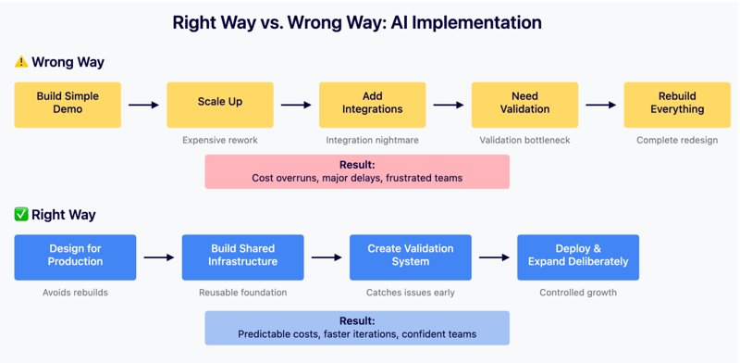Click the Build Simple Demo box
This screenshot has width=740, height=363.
click(68, 104)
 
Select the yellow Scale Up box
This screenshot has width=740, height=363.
click(220, 104)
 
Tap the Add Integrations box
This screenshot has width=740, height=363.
click(373, 104)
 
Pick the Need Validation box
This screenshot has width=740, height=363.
click(524, 104)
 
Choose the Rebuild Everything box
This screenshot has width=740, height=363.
click(677, 104)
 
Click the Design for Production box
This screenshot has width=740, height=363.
click(75, 257)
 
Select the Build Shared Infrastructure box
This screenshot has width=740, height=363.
click(242, 257)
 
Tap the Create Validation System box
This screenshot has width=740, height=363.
click(410, 257)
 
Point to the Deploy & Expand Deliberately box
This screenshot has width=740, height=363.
click(578, 257)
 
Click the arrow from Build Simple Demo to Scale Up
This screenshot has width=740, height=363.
click(143, 105)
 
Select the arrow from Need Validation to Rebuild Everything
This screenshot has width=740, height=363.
click(600, 105)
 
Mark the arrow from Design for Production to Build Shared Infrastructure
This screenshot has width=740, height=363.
click(158, 257)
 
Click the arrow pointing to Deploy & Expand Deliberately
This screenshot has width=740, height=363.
click(494, 257)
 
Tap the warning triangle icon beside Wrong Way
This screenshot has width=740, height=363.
click(21, 62)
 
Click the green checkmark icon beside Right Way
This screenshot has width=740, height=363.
click(21, 215)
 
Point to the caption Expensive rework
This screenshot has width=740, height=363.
click(220, 141)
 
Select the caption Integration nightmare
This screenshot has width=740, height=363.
click(373, 141)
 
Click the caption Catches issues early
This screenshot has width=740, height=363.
click(410, 293)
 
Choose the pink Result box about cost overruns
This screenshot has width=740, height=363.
click(357, 171)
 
